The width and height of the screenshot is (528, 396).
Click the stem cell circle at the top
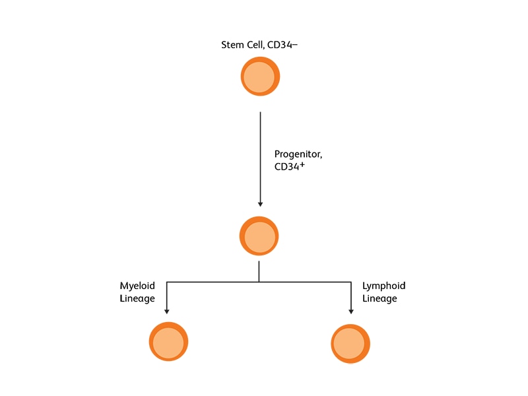coord(260,77)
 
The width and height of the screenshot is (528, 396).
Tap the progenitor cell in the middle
coord(259,236)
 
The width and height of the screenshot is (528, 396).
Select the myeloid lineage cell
coord(169,342)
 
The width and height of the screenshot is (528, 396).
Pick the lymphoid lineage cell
coord(350,343)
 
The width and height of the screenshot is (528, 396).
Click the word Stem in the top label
coord(232,45)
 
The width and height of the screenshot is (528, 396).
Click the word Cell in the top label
coord(255,45)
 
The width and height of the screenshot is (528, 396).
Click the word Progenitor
coord(298,154)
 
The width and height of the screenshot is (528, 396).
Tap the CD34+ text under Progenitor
coord(289,167)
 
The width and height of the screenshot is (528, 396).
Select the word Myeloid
coord(137,286)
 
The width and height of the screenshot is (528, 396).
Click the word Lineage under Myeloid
coord(137,298)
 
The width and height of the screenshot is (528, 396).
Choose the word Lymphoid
coord(383,286)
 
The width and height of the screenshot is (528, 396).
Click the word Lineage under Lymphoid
coord(379,298)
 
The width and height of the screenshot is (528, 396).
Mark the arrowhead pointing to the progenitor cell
coord(260,204)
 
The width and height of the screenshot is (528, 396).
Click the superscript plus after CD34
coord(302,164)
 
